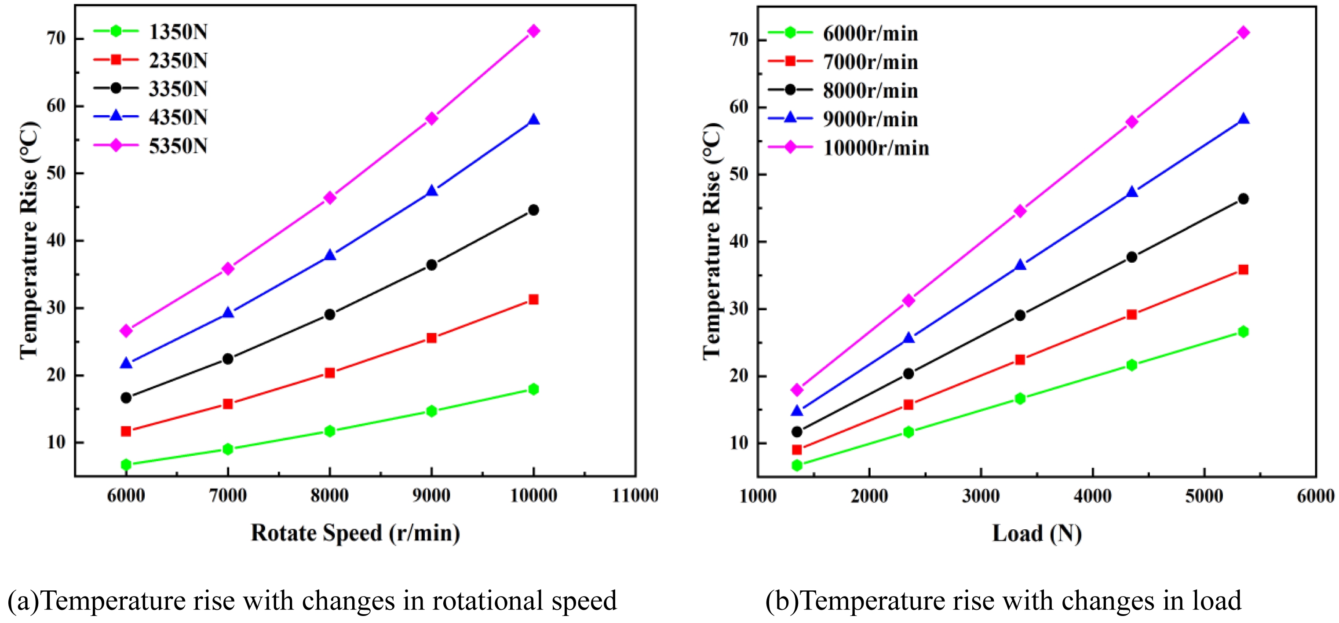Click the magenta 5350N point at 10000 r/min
pyautogui.click(x=533, y=31)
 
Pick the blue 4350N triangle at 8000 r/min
pyautogui.click(x=329, y=255)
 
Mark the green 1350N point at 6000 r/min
pyautogui.click(x=126, y=464)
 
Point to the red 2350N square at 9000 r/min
pyautogui.click(x=431, y=338)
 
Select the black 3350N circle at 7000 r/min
pyautogui.click(x=228, y=359)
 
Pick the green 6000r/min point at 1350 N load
pyautogui.click(x=797, y=465)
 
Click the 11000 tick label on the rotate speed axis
pyautogui.click(x=635, y=495)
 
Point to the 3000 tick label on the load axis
pyautogui.click(x=981, y=496)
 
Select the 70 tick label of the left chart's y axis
pyautogui.click(x=56, y=38)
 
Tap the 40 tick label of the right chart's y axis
pyautogui.click(x=739, y=242)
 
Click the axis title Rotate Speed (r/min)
pyautogui.click(x=356, y=533)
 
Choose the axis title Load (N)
pyautogui.click(x=1037, y=534)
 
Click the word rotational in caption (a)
pyautogui.click(x=488, y=601)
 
